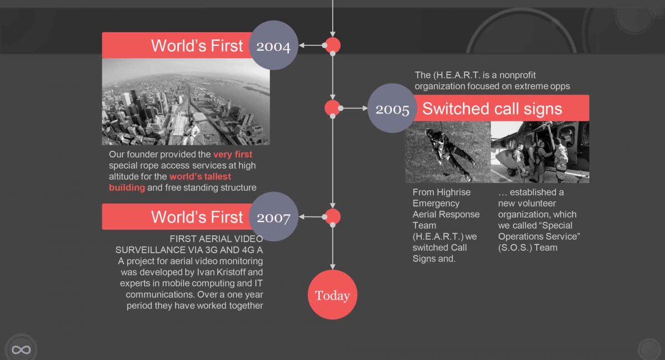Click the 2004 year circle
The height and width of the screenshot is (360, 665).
(273, 45)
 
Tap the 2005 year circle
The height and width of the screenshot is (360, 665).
(392, 108)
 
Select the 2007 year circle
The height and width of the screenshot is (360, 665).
(273, 217)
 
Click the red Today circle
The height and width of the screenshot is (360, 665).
(332, 295)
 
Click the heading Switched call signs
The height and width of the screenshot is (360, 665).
(492, 109)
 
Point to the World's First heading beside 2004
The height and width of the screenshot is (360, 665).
(197, 46)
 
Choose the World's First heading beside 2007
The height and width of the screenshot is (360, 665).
(197, 217)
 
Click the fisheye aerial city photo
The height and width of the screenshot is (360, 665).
(186, 102)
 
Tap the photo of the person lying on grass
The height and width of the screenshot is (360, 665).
(448, 152)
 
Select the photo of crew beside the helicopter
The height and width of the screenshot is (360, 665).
(540, 152)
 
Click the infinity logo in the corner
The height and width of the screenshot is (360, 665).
(21, 350)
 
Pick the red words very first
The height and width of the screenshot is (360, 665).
(233, 155)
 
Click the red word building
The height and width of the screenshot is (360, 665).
(127, 188)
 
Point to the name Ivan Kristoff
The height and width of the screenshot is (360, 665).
(221, 272)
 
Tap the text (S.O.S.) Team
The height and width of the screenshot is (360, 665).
(528, 248)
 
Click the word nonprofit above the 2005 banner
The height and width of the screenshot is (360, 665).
(518, 75)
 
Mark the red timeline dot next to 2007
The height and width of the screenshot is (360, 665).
(333, 217)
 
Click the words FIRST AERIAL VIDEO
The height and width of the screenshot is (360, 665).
(216, 239)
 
